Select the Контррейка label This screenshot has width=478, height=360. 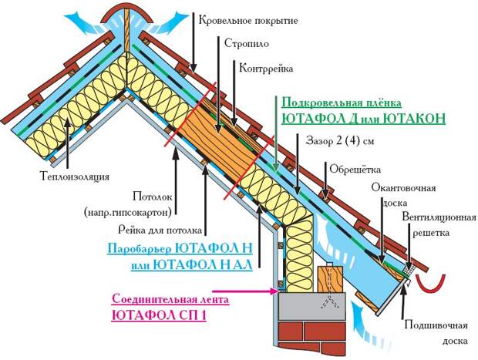[x=267, y=69]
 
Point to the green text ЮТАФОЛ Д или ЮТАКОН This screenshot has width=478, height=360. [x=364, y=119]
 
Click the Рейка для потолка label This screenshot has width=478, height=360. [x=160, y=230]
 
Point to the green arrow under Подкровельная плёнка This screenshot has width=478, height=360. [x=275, y=146]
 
